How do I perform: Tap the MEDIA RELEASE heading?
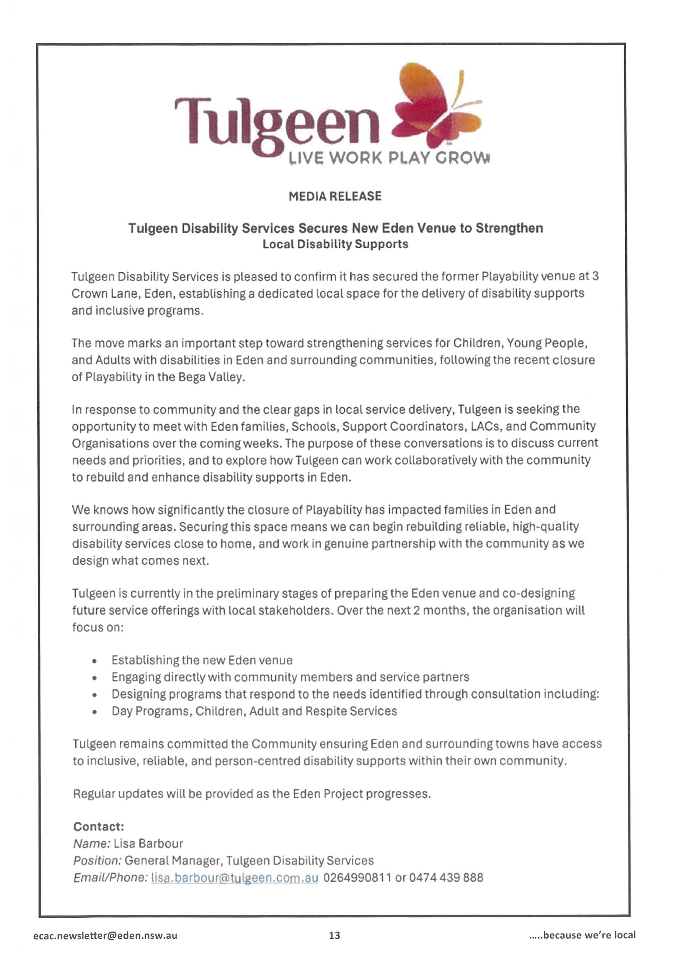[335, 196]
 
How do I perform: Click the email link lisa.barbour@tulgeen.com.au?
[235, 878]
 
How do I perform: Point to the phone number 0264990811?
[357, 878]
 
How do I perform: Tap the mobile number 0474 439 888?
[446, 878]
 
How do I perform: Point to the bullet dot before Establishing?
[95, 661]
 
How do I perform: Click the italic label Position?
[97, 861]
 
